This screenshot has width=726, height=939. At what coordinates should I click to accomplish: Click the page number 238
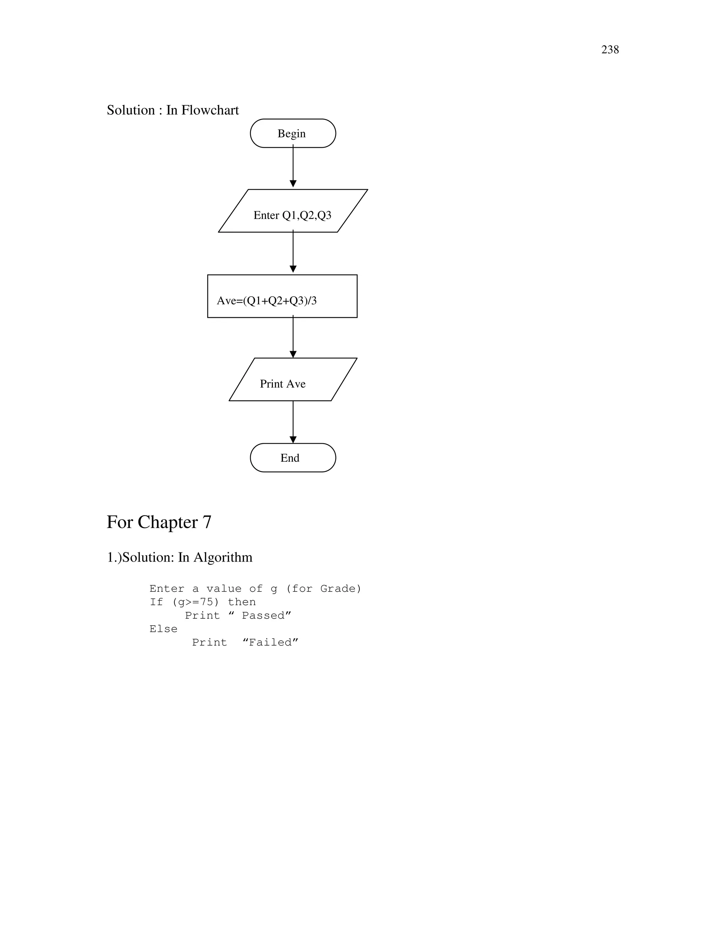tap(609, 50)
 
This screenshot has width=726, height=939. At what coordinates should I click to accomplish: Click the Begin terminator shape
tap(292, 133)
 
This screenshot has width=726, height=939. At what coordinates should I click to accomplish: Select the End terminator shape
tap(292, 457)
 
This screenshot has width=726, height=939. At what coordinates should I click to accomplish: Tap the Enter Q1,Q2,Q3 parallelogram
tap(292, 211)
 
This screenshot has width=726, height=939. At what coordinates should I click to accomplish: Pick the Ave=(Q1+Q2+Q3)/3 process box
tap(282, 296)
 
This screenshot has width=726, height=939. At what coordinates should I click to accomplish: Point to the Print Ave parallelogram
tap(292, 379)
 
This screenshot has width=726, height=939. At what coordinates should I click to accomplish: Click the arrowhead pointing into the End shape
tap(293, 439)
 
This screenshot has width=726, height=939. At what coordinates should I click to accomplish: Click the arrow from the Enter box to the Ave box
tap(293, 252)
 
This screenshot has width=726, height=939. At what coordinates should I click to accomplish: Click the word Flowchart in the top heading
tap(210, 110)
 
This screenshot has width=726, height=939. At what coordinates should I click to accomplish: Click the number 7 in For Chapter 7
tap(207, 522)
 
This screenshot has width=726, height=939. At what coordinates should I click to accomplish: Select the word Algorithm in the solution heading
tap(222, 557)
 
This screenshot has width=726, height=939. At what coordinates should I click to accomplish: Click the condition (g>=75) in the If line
tap(195, 602)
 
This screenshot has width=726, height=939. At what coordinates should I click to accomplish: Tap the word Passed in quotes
tap(263, 616)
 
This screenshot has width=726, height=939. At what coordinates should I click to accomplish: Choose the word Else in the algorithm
tap(163, 629)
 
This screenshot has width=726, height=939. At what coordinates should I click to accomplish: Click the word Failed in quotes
tap(270, 642)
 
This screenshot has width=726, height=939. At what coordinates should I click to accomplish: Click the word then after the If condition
tap(242, 602)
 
